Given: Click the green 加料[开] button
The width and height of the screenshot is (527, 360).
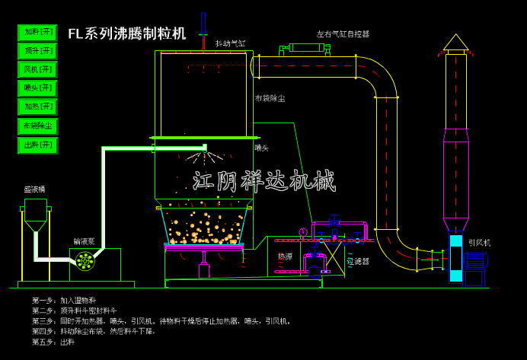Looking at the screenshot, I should tap(38, 32).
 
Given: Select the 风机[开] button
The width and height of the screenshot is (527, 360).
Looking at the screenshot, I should tap(38, 69).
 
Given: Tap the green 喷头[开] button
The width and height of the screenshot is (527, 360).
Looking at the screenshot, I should tap(38, 88).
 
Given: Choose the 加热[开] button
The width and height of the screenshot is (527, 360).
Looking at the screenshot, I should tap(38, 107).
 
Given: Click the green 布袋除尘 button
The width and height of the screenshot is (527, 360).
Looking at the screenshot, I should tap(38, 126).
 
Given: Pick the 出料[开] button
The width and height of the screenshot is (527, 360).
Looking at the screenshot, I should tap(38, 145).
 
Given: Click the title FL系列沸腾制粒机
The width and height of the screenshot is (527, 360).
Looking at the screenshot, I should tap(126, 33).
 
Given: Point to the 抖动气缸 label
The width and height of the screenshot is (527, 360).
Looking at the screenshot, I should tap(230, 43).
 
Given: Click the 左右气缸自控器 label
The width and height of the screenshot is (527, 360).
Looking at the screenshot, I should tap(343, 34).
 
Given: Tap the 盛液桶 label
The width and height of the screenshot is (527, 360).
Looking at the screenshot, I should tap(34, 189).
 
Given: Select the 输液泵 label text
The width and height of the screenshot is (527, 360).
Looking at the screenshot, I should tap(84, 241).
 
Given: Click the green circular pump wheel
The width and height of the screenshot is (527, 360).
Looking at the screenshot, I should tap(85, 261).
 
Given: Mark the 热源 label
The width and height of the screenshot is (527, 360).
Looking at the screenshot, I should tap(285, 256).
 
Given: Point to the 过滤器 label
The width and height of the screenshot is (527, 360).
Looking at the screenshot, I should tap(357, 261).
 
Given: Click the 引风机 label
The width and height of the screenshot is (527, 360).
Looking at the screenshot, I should tap(479, 243).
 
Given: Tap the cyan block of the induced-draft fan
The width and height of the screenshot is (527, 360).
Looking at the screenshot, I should tap(455, 259).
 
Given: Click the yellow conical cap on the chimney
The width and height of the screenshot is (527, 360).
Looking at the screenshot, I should tap(456, 43).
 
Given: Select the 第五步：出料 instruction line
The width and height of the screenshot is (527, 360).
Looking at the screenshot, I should tap(53, 342).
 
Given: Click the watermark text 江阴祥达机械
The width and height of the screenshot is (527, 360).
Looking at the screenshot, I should tap(263, 181).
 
